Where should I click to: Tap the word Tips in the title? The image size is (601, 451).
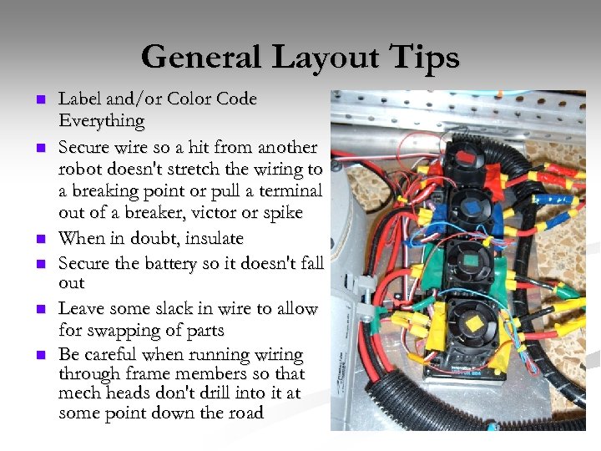[423, 58]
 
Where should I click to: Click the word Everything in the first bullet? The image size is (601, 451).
[101, 121]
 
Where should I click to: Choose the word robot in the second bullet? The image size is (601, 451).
[80, 169]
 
